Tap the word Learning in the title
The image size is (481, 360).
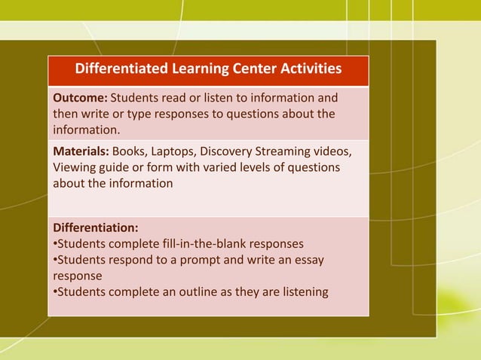click(204, 70)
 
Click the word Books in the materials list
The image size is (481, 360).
click(130, 151)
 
